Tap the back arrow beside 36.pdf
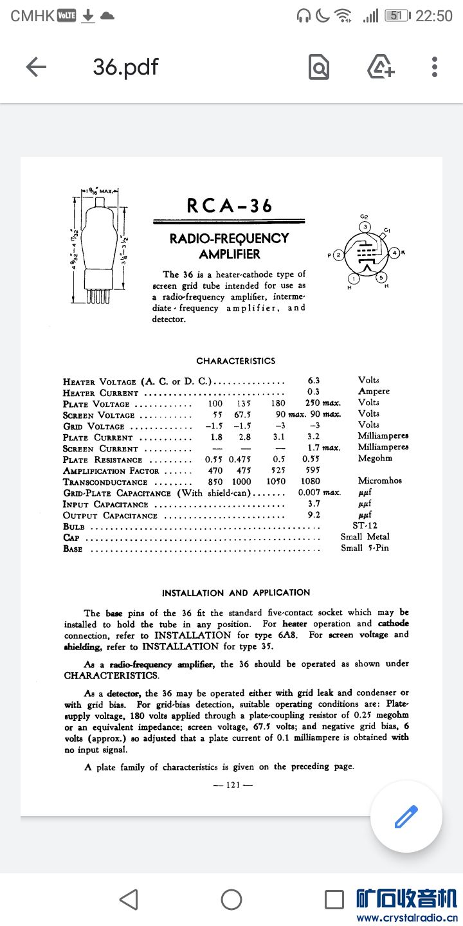36,67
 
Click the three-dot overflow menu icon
435,67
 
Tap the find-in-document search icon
319,67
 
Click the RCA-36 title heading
230,206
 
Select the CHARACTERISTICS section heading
235,361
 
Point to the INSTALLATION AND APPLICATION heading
235,593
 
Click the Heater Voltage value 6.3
314,380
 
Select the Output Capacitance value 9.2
314,515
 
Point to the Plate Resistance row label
102,460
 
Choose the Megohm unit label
375,458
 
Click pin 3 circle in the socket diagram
365,227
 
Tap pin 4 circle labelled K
396,252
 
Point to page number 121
235,785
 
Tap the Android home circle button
232,899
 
